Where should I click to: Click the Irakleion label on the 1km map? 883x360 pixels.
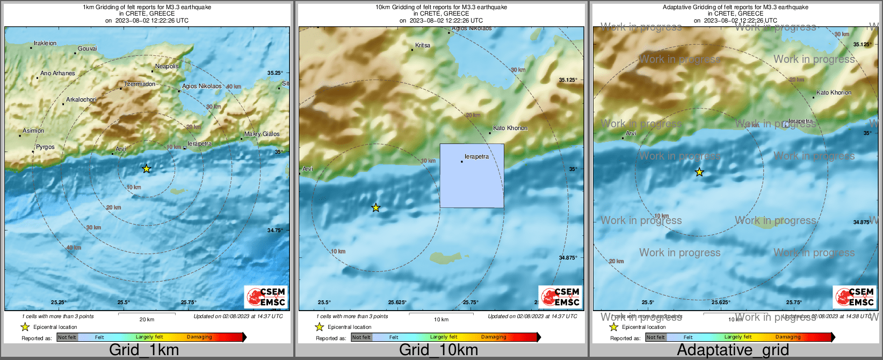(45, 44)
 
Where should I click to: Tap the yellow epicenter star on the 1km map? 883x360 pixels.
(147, 169)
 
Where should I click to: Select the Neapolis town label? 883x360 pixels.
(167, 67)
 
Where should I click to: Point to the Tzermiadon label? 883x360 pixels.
(140, 84)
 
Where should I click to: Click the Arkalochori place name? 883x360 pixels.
(81, 100)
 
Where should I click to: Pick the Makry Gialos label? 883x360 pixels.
(262, 134)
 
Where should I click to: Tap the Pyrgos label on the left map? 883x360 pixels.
(45, 147)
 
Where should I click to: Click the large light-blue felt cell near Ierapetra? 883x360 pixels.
(472, 176)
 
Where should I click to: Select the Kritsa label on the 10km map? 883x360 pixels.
(423, 46)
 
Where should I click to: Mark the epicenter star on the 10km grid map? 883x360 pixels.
(376, 208)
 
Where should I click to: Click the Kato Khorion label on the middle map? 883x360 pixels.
(510, 128)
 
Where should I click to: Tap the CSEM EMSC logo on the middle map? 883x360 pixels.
(560, 297)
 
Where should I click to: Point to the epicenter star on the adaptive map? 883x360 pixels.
(699, 172)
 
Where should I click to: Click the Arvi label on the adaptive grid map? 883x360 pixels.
(631, 134)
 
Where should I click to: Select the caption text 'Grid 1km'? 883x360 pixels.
(144, 350)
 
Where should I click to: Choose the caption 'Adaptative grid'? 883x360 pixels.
(733, 350)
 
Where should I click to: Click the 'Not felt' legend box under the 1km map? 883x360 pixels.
(67, 337)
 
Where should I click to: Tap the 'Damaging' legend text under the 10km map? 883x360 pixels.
(494, 337)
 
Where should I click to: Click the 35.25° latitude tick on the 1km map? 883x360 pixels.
(275, 73)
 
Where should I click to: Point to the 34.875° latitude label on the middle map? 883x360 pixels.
(568, 258)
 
